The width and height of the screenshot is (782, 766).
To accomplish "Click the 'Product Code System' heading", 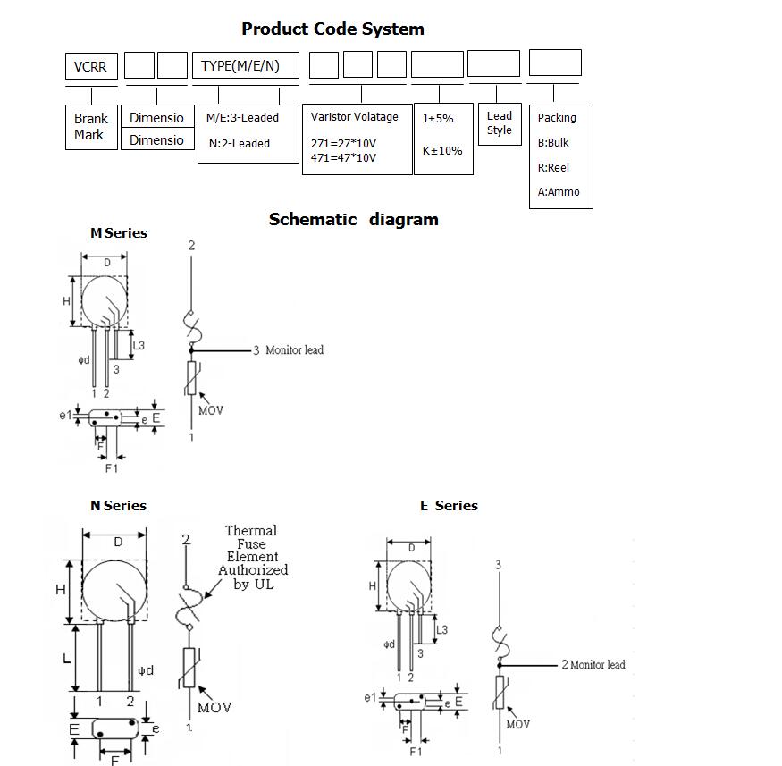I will (332, 29).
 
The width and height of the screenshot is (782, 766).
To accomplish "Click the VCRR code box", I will (91, 66).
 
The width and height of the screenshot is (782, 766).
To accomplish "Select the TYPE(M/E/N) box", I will (246, 66).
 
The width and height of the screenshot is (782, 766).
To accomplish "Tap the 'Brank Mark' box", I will (90, 126).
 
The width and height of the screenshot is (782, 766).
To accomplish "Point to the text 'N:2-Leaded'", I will (239, 143).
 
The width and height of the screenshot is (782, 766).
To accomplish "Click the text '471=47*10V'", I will (343, 158).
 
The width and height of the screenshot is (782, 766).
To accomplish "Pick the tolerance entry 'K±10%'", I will (442, 150).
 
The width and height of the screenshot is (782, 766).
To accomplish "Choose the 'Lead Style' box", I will (499, 123).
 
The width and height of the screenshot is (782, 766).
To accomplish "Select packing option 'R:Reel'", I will (553, 167).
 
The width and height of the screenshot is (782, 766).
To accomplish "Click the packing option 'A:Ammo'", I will (558, 191).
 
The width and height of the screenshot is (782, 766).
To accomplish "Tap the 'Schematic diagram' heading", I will (353, 219).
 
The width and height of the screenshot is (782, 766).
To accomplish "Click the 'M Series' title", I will (118, 233).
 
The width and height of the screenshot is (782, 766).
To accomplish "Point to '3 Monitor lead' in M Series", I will (288, 350).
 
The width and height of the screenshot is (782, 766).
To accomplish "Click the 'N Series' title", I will (118, 506).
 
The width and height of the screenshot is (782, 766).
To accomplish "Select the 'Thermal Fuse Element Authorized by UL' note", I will (253, 558).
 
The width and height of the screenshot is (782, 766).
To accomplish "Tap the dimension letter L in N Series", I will (66, 659).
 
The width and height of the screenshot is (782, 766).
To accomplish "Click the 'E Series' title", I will (449, 506).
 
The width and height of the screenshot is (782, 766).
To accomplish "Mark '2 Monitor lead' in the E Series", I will (593, 665).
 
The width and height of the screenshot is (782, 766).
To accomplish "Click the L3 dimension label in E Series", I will (441, 630).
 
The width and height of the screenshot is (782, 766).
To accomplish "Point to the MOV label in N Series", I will (214, 708).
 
